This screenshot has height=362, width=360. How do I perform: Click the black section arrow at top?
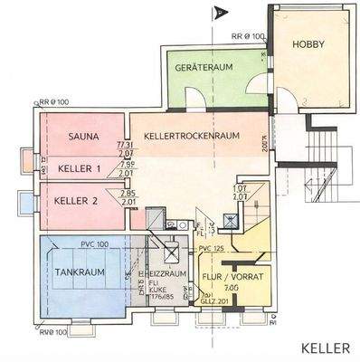[217, 13]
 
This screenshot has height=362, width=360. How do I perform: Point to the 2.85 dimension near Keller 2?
[127, 193]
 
